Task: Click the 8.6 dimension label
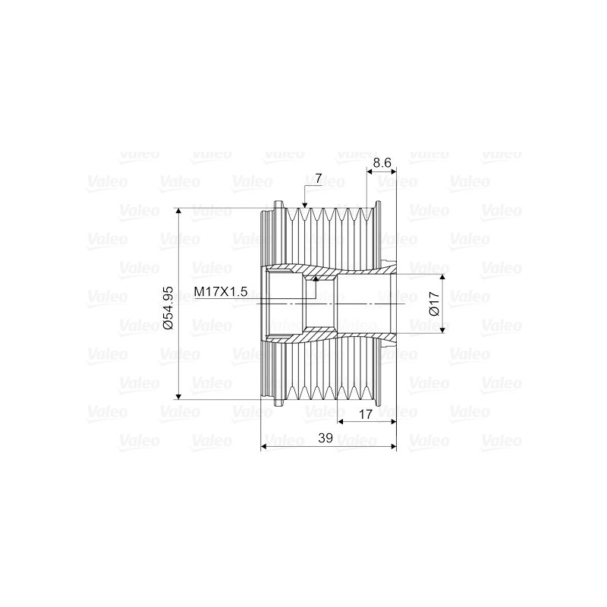(382, 162)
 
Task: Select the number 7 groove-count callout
(318, 178)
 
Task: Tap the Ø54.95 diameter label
(168, 308)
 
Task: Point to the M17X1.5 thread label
(220, 291)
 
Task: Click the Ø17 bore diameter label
(434, 304)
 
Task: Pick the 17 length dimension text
(366, 414)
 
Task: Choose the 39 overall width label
(326, 438)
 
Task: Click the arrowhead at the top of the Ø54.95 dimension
(178, 211)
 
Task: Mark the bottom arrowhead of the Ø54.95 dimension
(178, 395)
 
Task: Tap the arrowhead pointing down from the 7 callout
(305, 205)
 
